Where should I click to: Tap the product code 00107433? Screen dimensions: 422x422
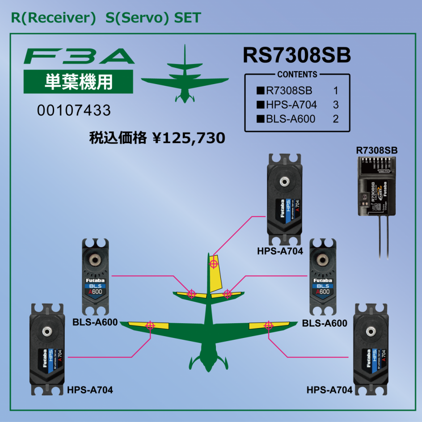point(74,110)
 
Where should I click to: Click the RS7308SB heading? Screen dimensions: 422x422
point(296,56)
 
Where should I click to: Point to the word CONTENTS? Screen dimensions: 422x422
point(297,75)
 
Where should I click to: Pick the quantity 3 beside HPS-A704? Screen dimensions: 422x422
point(336,105)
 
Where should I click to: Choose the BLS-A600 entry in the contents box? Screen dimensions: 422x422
point(291,119)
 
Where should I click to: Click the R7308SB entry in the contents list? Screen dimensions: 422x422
point(289,91)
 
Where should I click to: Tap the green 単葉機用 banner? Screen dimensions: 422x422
point(78,81)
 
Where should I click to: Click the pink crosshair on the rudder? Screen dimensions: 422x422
point(214,263)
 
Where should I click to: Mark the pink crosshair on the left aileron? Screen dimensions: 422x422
point(150,325)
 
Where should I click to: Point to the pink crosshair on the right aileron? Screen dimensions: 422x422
point(269,325)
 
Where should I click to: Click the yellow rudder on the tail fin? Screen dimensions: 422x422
point(216,273)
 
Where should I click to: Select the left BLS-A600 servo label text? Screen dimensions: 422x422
point(95,322)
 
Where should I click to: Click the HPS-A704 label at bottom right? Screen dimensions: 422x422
point(329,390)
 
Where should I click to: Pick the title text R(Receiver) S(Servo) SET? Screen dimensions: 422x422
point(106,18)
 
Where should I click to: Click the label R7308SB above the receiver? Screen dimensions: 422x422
point(377,150)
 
